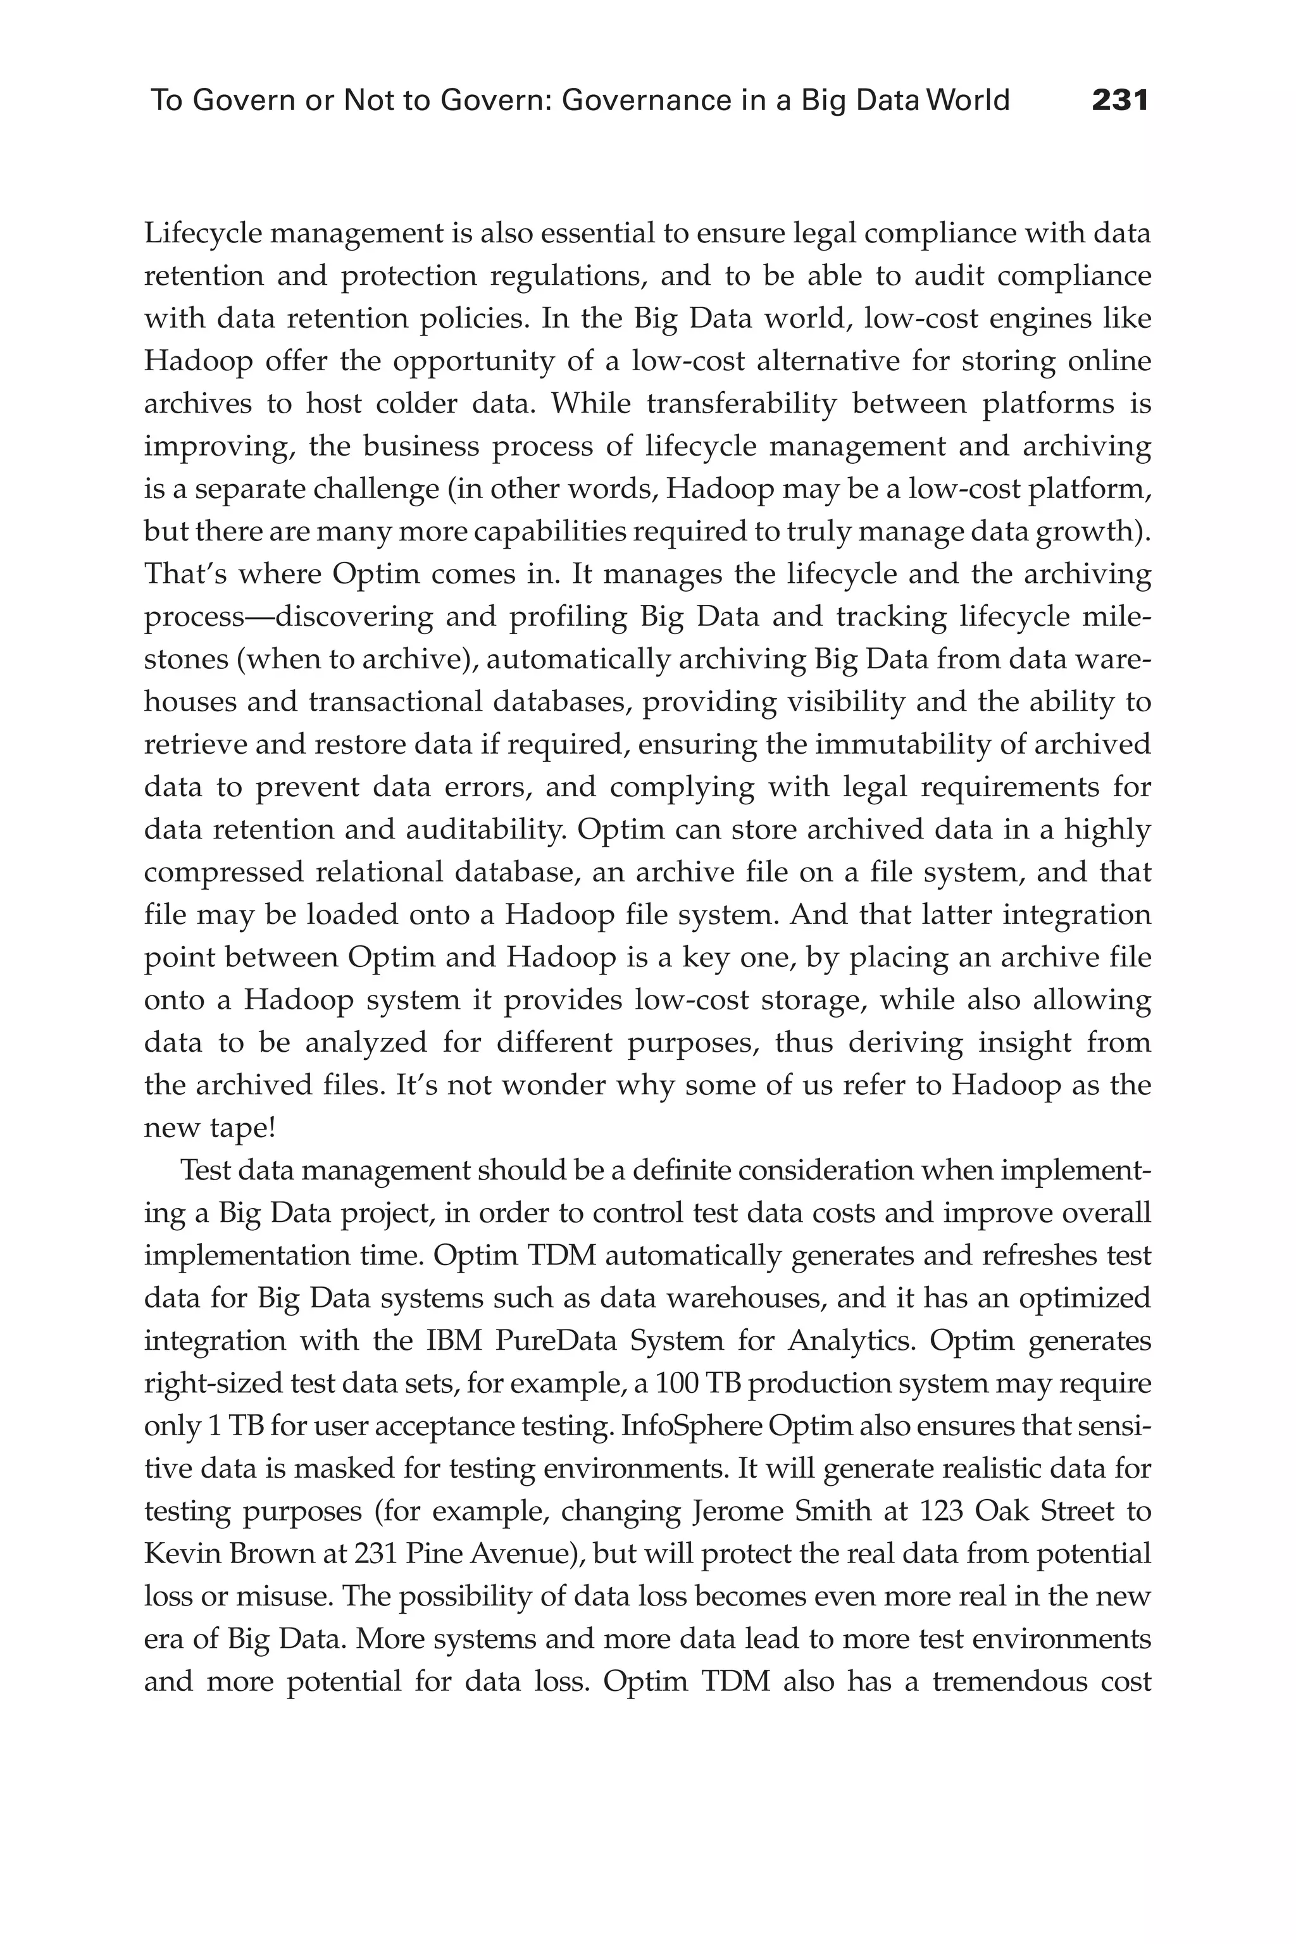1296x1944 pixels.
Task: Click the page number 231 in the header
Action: click(1120, 101)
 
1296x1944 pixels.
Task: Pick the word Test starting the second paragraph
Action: click(203, 1170)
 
